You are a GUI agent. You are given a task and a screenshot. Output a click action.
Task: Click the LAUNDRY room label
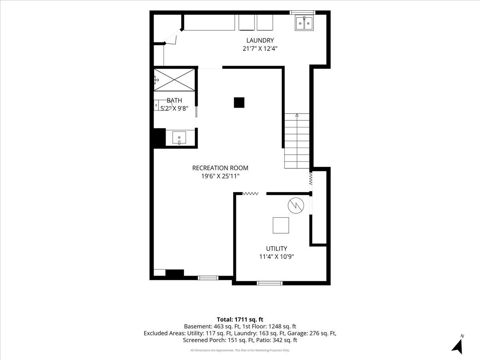(x=260, y=40)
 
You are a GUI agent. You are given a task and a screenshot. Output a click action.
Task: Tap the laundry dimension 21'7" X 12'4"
(x=260, y=48)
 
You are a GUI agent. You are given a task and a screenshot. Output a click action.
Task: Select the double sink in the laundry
(x=304, y=23)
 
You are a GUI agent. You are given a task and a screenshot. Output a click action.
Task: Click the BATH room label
(x=174, y=100)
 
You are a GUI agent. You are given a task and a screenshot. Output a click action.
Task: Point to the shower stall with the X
(x=174, y=80)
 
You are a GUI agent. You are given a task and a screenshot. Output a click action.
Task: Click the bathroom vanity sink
(x=179, y=138)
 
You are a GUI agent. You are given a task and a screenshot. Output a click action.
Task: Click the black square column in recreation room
(x=239, y=102)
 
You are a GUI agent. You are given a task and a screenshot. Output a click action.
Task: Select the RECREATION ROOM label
(x=220, y=168)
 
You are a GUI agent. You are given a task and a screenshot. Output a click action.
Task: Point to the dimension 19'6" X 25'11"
(x=220, y=176)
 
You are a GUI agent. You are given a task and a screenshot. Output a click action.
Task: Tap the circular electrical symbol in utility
(x=296, y=206)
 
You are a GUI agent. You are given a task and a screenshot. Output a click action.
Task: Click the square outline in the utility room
(x=281, y=225)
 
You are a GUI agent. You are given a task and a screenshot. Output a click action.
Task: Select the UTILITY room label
(x=276, y=248)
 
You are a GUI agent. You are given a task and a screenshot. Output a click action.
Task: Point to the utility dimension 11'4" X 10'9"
(x=276, y=257)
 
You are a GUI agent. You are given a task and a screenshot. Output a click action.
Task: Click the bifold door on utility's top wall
(x=250, y=194)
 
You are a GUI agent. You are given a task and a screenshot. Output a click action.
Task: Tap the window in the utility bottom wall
(x=270, y=283)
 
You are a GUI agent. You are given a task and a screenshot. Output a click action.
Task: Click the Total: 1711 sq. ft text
(x=240, y=319)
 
